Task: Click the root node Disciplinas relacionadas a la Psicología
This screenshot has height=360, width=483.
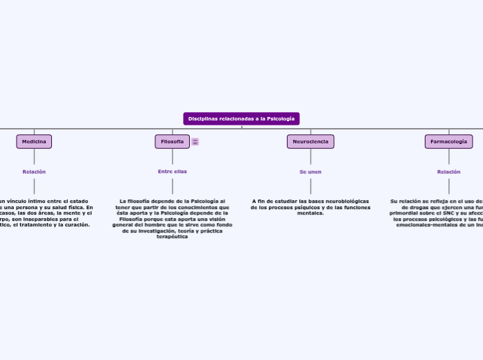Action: (241, 118)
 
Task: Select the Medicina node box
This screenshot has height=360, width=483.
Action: (34, 141)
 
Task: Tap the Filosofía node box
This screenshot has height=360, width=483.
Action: (172, 141)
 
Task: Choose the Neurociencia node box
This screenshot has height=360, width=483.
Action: (310, 141)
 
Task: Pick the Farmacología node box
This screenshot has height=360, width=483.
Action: (448, 141)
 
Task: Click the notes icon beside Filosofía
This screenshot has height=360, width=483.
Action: (195, 142)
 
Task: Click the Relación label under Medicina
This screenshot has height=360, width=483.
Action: (34, 171)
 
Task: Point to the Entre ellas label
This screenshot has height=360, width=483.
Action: (172, 171)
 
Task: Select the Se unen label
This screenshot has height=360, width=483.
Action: (310, 171)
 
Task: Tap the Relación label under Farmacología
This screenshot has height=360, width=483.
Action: (448, 171)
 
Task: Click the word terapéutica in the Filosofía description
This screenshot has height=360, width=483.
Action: (173, 237)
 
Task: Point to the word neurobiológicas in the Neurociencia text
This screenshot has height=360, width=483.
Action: (345, 201)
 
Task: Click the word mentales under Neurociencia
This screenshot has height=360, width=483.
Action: (310, 213)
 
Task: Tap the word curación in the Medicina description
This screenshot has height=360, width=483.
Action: (76, 224)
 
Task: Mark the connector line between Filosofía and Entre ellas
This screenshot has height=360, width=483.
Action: (172, 157)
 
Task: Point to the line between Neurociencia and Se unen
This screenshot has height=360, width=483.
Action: (310, 157)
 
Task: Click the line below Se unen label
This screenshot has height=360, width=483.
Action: (310, 186)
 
